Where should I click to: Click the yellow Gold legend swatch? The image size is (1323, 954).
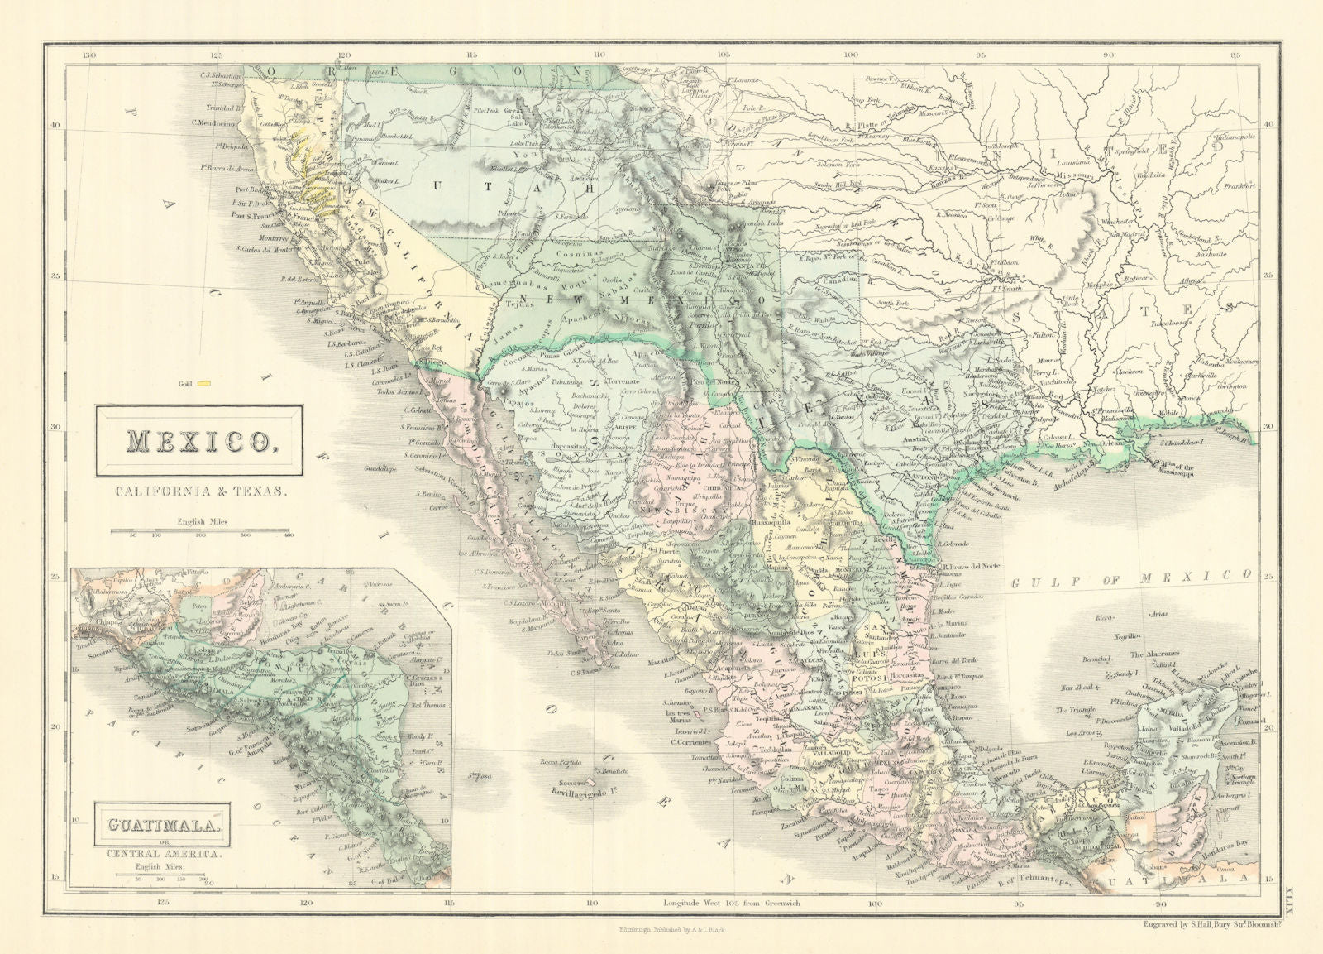point(215,383)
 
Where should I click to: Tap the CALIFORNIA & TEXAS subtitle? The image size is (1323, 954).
point(199,491)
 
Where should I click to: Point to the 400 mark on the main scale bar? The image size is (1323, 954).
point(289,535)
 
